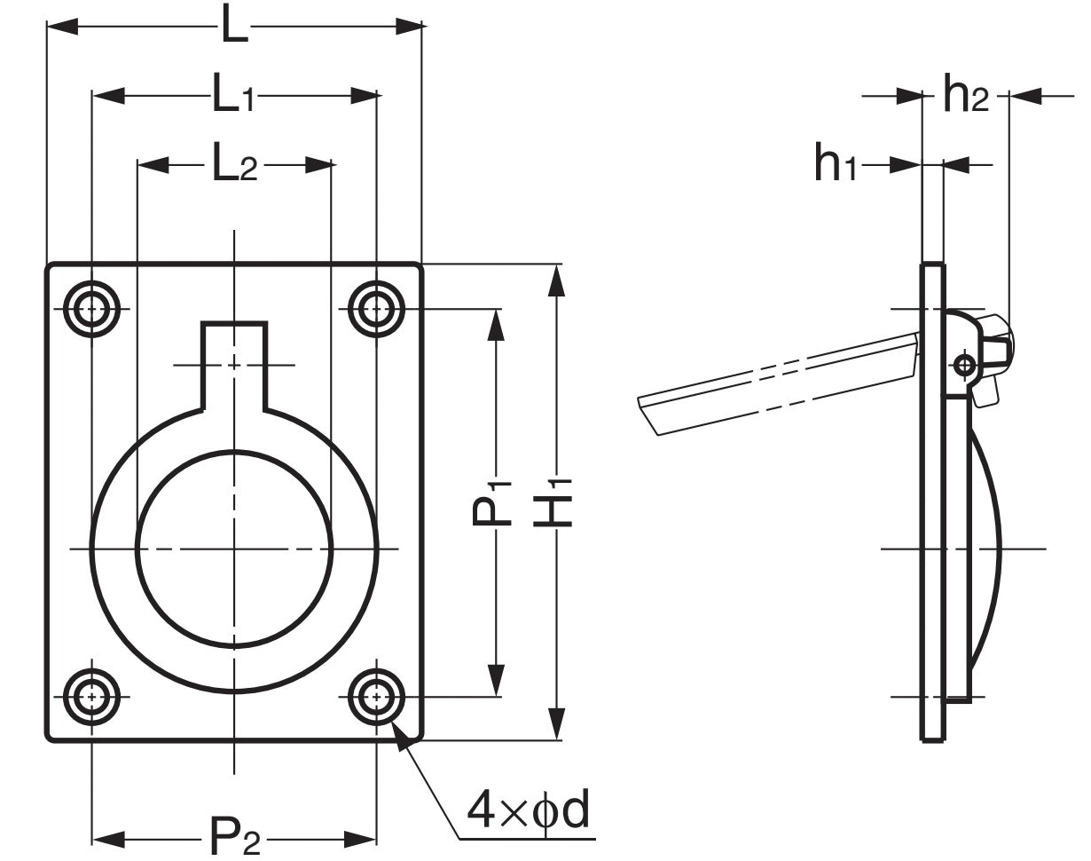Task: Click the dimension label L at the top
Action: [234, 28]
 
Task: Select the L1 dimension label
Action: [233, 96]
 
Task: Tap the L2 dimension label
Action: [234, 164]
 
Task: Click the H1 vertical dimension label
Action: [554, 502]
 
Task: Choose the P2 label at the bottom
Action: [235, 837]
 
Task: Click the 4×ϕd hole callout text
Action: [530, 810]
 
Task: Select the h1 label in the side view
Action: [836, 164]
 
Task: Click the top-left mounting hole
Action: [91, 310]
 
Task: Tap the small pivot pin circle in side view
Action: [964, 364]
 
